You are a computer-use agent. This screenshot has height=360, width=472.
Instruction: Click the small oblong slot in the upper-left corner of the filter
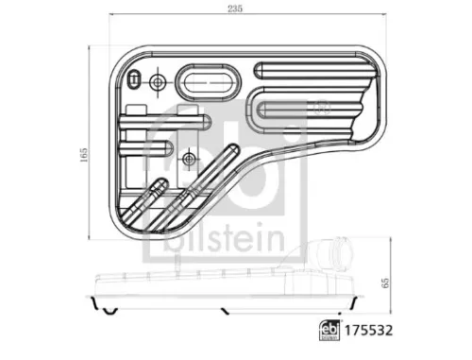click(137, 79)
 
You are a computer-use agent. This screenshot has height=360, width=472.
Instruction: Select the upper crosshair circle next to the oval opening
click(157, 82)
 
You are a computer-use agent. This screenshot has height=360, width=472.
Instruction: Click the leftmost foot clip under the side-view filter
click(108, 311)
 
